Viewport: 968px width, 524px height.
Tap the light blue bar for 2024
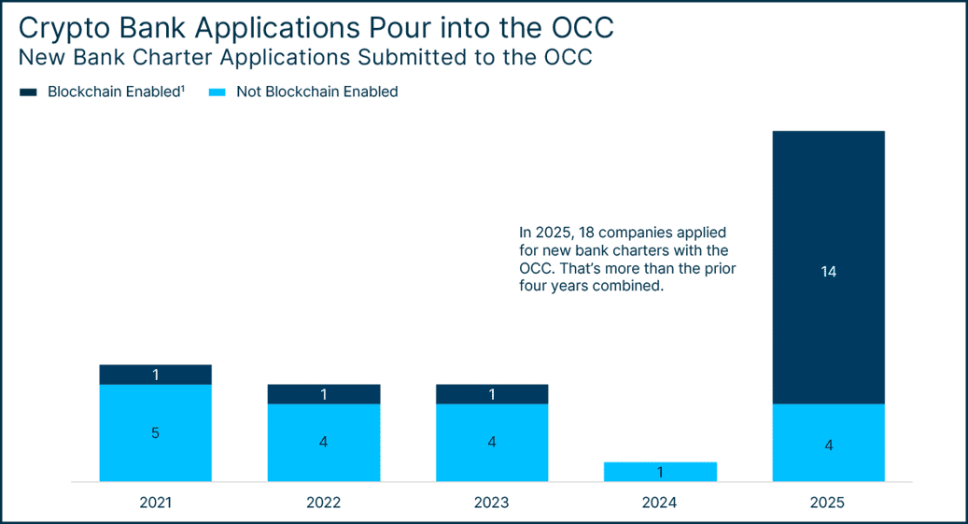coord(660,471)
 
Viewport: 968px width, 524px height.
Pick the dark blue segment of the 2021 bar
coord(156,375)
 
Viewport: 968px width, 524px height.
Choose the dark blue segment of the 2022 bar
coord(324,394)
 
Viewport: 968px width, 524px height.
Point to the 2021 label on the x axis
coord(156,503)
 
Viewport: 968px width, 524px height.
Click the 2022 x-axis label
coord(324,503)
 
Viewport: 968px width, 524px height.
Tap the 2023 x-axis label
coord(492,503)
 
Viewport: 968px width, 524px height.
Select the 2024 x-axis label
coord(660,503)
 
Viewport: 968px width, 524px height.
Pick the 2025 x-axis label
coord(828,503)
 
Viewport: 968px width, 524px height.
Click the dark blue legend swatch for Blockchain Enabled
coord(28,92)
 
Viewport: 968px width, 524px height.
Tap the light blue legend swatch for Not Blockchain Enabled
coord(217,92)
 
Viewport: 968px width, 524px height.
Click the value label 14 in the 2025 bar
coord(829,272)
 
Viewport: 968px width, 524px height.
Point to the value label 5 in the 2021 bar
coord(156,432)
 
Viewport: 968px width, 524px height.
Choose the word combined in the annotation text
coord(636,287)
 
